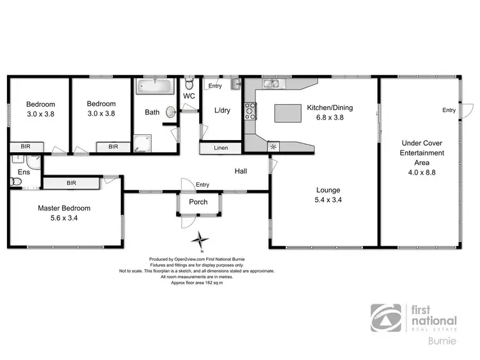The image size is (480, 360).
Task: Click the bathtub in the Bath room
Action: click(153, 86)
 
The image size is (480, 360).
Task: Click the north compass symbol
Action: click(202, 241)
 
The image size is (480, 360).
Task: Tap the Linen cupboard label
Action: click(221, 148)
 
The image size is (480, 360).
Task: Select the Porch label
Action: click(198, 202)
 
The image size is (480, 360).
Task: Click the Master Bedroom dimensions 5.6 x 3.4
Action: click(63, 218)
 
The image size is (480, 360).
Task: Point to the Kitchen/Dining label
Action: click(330, 107)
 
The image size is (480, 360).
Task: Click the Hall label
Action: click(241, 171)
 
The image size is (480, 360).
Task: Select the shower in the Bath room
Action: click(140, 144)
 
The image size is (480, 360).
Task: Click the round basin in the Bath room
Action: click(169, 112)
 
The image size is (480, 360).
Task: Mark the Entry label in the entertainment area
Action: click(449, 110)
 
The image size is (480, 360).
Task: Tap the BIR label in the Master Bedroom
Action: click(71, 184)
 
